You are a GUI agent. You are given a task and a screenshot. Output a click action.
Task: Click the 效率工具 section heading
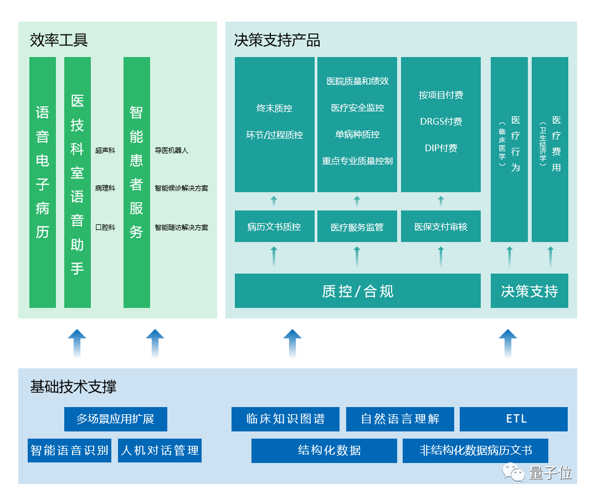click(x=59, y=40)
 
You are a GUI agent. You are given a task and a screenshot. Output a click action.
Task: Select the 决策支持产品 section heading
click(x=277, y=40)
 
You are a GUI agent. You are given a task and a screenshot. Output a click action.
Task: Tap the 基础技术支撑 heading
click(x=73, y=387)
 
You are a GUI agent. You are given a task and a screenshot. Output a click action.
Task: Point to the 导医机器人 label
click(x=171, y=150)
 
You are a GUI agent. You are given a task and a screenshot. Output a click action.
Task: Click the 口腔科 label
click(x=105, y=227)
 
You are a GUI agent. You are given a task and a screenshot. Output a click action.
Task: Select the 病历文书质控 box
click(x=274, y=227)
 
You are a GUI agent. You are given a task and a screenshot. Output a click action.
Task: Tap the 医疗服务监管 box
click(x=357, y=227)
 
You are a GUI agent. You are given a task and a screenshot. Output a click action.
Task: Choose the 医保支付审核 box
click(x=441, y=227)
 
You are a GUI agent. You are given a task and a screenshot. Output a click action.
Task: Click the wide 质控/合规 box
click(x=357, y=291)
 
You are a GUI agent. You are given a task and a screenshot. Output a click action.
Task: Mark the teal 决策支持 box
click(x=529, y=291)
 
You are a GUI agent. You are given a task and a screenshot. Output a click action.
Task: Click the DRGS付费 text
click(x=441, y=121)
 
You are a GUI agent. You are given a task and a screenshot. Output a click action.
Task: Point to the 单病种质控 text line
click(x=357, y=134)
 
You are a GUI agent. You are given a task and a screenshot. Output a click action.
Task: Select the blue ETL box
click(x=513, y=419)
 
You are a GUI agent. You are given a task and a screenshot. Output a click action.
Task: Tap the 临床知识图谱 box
click(x=285, y=419)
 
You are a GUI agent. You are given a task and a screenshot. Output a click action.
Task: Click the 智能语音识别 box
click(x=70, y=450)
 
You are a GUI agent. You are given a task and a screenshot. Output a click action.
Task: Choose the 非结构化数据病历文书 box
click(x=475, y=450)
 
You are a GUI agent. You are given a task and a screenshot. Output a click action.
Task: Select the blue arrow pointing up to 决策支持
click(x=507, y=343)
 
